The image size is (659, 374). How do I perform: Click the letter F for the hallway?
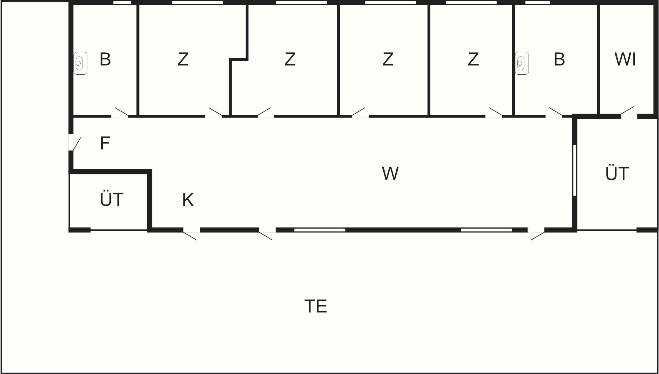(x=105, y=143)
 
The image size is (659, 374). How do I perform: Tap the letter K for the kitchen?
(x=188, y=200)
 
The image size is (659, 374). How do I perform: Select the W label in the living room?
(x=390, y=174)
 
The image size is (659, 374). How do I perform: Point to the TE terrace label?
(x=316, y=306)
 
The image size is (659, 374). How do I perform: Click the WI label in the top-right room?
(x=625, y=60)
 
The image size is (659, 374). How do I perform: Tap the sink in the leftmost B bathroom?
(x=80, y=63)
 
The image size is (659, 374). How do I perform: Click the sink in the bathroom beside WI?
(x=522, y=63)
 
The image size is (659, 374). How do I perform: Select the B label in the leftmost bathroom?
(x=105, y=60)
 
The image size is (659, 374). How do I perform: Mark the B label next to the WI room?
(x=559, y=60)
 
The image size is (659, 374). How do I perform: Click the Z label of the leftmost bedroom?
(x=183, y=60)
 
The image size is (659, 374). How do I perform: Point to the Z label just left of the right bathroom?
(x=473, y=60)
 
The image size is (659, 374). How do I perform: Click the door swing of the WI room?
(x=627, y=111)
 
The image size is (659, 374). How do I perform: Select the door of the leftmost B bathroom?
(x=121, y=112)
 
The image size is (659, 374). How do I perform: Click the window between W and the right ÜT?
(x=574, y=170)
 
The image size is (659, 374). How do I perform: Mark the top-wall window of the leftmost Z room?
(x=197, y=2)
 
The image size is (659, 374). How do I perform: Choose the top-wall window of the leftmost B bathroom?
(x=122, y=2)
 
